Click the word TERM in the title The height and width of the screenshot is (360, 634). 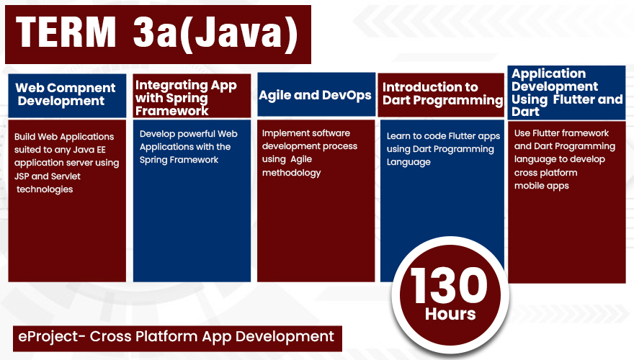point(66,32)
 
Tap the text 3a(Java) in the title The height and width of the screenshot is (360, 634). point(215,34)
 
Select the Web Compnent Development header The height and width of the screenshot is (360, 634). point(66,94)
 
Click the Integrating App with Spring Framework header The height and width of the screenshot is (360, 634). point(186,98)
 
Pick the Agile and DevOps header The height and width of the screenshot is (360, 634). point(315,95)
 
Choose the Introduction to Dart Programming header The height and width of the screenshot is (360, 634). point(442,94)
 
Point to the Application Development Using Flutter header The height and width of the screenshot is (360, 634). point(567,93)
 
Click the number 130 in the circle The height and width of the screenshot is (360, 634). point(449,286)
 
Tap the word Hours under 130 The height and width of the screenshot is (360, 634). point(450,314)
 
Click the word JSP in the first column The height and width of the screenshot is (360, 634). point(22,176)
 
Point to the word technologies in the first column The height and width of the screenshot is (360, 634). point(45,189)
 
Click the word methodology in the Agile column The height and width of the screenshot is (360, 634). point(291,173)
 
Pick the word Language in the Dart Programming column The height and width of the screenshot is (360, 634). point(408,163)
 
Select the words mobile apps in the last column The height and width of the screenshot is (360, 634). point(541,186)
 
